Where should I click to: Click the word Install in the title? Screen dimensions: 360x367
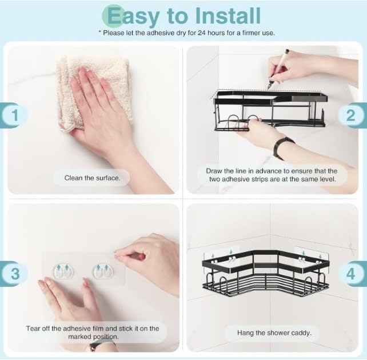pos(224,15)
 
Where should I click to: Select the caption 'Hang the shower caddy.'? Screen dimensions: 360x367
pos(274,332)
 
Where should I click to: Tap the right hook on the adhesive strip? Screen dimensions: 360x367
pos(103,271)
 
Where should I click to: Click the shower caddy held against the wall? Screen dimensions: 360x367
pos(269,109)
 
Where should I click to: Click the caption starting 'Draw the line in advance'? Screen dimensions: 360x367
pos(272,175)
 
